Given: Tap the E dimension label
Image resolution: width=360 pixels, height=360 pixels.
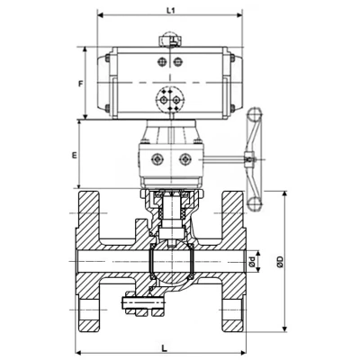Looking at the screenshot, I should (75, 155).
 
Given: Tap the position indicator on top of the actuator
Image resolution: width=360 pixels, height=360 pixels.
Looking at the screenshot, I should (168, 40).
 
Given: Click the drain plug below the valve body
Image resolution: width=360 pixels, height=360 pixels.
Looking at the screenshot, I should (132, 306).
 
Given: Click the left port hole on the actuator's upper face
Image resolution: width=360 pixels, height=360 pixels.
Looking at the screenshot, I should (160, 62).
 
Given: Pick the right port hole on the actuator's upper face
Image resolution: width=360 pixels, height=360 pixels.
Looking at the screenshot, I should (177, 62).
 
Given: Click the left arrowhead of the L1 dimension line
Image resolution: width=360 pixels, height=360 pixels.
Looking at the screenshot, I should (98, 15).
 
